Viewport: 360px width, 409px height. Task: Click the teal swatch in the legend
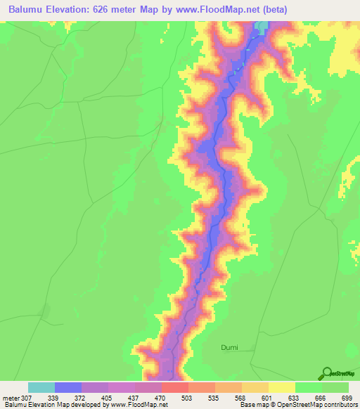41,387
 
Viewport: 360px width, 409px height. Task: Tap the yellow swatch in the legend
282,387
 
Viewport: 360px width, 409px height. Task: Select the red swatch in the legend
175,387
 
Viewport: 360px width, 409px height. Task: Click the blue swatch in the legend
68,387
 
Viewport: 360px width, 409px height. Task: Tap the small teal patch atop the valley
263,27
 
